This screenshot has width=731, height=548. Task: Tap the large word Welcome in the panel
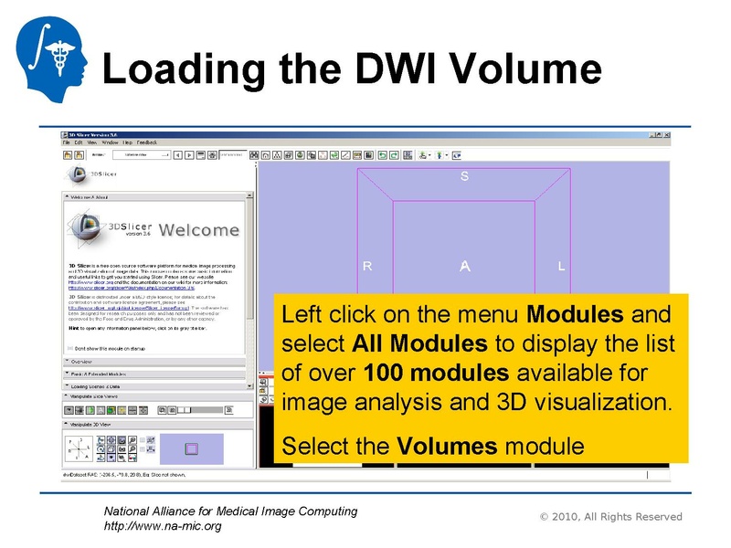pos(196,229)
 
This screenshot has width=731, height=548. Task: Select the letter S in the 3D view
pos(464,176)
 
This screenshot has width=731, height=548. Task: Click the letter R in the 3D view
pos(367,267)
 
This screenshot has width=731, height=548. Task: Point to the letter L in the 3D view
pos(561,267)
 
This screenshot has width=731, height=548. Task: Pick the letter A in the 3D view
pos(464,267)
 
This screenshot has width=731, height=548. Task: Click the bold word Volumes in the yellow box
pos(448,447)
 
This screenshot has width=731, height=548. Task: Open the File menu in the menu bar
pos(67,142)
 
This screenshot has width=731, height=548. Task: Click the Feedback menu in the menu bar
pos(147,142)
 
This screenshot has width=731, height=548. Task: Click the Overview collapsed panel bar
pos(155,363)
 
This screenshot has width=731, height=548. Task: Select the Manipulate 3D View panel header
pos(155,425)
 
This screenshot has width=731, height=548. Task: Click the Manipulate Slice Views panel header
pos(155,396)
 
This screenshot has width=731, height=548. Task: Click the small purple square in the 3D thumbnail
pos(191,448)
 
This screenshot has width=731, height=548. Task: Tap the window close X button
pos(666,134)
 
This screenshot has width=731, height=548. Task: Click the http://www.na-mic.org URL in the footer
pos(163,526)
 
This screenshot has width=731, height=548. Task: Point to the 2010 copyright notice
pos(610,517)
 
